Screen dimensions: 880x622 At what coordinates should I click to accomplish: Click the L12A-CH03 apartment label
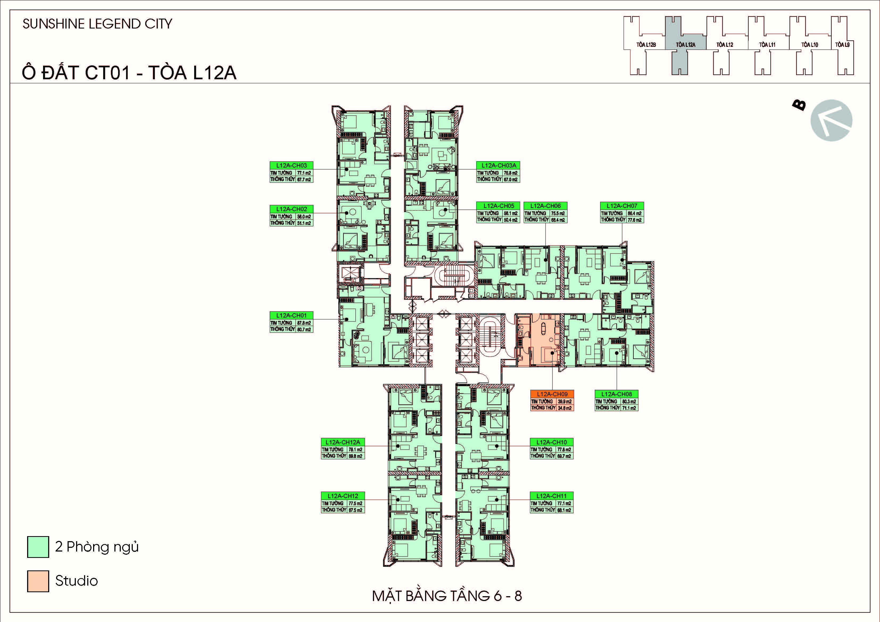point(291,166)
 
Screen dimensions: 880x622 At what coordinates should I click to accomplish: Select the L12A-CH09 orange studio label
point(552,394)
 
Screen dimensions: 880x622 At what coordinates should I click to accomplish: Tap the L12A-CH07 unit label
point(622,206)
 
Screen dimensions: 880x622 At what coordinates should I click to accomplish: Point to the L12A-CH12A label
point(343,442)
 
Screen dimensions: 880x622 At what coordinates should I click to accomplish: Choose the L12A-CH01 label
point(291,315)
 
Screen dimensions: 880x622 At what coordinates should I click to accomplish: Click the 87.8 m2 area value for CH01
point(304,323)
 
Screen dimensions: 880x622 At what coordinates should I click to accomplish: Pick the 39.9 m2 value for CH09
point(564,402)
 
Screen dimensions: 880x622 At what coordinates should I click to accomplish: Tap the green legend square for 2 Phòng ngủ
point(38,547)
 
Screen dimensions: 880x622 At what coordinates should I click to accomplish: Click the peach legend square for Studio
point(38,581)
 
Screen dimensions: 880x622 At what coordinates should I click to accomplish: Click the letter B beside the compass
point(799,105)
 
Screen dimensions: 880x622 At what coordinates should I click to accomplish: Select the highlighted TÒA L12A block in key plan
point(685,45)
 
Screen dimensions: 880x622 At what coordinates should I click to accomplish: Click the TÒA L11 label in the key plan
point(767,45)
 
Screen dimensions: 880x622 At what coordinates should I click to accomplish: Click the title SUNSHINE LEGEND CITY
point(97,24)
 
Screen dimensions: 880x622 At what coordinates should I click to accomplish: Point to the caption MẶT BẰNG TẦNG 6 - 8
point(447,596)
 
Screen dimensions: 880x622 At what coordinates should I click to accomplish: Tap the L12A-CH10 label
point(551,442)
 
